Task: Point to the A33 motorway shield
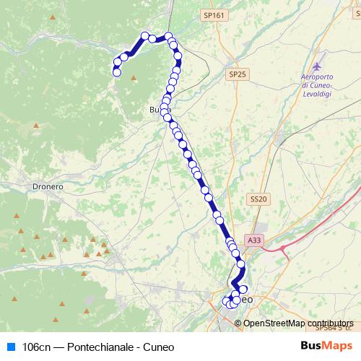click(253, 240)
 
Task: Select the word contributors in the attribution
click(330, 323)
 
